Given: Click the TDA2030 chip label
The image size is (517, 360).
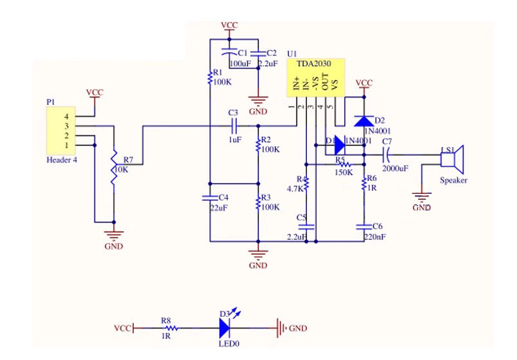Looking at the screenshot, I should (313, 65).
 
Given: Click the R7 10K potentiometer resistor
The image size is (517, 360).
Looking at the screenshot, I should (114, 170).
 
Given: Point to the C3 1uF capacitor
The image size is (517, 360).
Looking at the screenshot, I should (234, 125).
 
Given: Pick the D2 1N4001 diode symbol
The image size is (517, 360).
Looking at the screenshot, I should (364, 120).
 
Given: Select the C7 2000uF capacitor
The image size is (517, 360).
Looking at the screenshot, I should (387, 155).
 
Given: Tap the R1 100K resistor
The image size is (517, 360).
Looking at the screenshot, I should (210, 78).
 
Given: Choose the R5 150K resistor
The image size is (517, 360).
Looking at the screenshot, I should (343, 165).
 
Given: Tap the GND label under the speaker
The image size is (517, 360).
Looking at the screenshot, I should (421, 207).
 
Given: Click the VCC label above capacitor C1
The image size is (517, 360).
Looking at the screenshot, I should (229, 25).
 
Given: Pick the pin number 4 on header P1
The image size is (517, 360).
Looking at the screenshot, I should (65, 116).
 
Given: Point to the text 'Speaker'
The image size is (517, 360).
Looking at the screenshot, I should (453, 180).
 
